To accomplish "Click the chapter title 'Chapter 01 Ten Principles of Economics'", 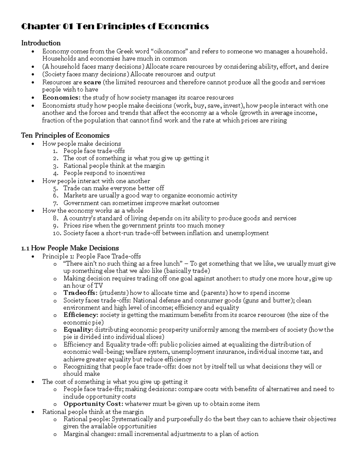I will click(115, 27).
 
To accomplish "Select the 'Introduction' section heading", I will click(41, 43).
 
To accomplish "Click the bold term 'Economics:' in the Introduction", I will click(61, 98).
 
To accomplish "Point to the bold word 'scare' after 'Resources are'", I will click(92, 82).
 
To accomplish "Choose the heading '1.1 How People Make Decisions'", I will click(70, 248).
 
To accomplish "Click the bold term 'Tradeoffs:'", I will click(80, 293).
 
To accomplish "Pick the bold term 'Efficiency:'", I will click(81, 315).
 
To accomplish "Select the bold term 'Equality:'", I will click(78, 330).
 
